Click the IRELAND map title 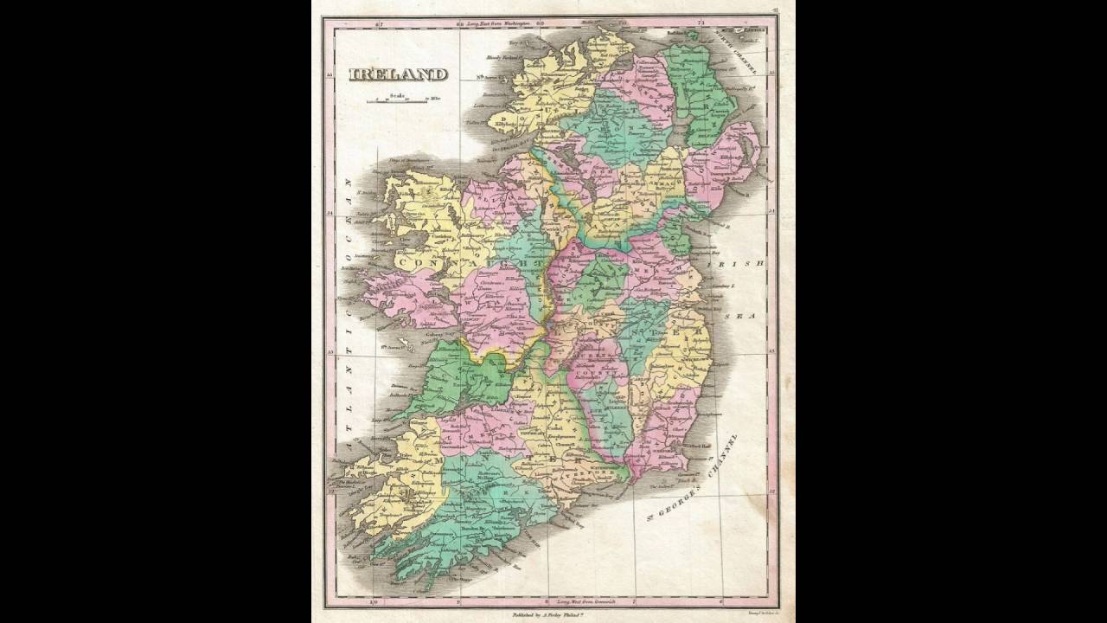398,74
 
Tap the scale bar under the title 397,101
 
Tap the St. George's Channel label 696,480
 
